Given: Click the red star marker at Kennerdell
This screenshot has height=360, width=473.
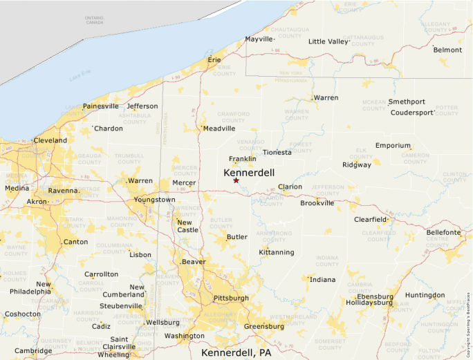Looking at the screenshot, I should coord(236,180).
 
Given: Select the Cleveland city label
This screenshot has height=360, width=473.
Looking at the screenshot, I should coord(50,140).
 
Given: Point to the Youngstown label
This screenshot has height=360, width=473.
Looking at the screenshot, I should coord(155,200).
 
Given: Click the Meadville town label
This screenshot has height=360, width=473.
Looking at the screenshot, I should coord(219,128).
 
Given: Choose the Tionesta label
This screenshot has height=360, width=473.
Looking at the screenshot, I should coord(277,152).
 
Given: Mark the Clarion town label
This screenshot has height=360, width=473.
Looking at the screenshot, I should coord(290,187).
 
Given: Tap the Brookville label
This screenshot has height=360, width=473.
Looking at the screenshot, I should coord(317,203).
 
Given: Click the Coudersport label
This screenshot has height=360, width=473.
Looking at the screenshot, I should coord(413,112).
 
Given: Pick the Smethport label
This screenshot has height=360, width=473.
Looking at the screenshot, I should coord(407,102).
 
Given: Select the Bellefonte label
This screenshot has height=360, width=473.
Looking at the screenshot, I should coord(443,232).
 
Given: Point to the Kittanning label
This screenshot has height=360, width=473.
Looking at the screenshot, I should coord(277,252).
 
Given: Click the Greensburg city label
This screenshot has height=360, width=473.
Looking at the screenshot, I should coord(264,326).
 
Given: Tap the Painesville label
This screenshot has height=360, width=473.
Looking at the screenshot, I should coord(101,106).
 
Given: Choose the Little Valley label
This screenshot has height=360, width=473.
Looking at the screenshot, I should coord(328,41).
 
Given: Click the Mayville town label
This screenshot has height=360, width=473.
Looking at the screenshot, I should coord(260,39).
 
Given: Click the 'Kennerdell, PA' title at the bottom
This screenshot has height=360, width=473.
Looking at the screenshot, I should coord(236,352).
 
